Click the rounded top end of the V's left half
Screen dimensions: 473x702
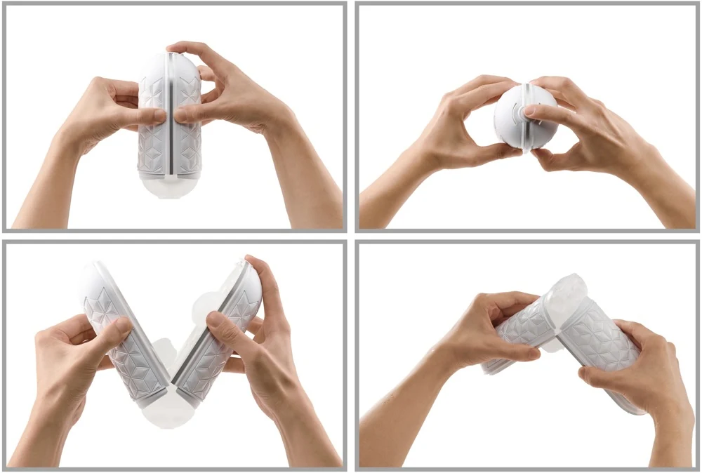coord(95,277)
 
